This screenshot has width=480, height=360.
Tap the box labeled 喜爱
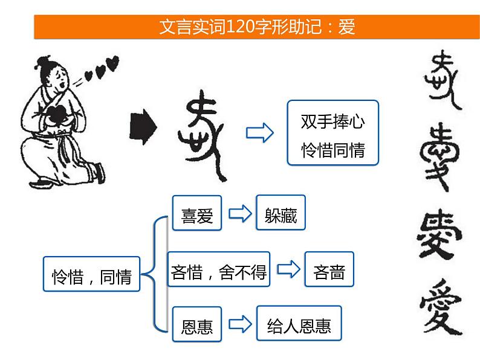coord(197,213)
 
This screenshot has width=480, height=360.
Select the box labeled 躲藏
coord(281,213)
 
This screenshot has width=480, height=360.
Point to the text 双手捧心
coord(332,123)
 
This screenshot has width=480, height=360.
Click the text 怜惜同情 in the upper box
coord(332,150)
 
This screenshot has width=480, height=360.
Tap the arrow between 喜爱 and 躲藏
coord(239,213)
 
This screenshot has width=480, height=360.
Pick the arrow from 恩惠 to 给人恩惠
coord(239,326)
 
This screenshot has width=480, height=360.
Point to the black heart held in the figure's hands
coord(60,114)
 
